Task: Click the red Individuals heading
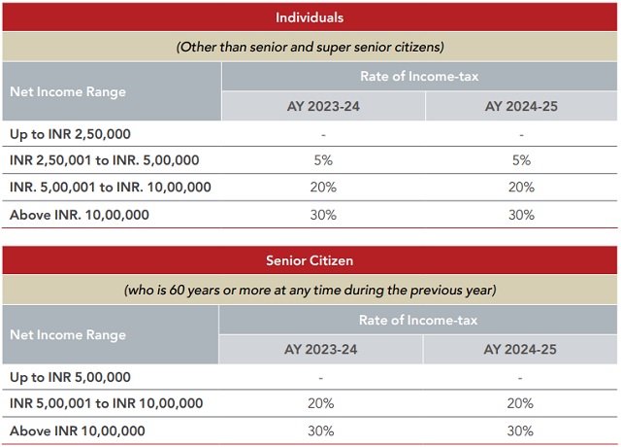[310, 17]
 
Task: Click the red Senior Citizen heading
[310, 260]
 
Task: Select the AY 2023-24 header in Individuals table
[323, 106]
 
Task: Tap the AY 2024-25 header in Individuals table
[522, 106]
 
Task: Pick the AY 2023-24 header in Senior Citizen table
[321, 349]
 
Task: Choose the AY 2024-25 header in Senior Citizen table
[521, 349]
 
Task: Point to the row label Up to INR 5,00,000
[69, 376]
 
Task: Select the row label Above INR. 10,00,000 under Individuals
[79, 215]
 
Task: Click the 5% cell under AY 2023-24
[323, 160]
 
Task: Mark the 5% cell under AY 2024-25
[522, 160]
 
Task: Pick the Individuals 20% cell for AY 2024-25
[522, 188]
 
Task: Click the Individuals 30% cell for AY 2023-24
[323, 215]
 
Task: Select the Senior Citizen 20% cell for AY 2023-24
[321, 403]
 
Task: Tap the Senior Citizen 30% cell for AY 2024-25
[521, 430]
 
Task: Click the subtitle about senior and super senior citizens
[310, 47]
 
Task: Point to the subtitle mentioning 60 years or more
[310, 290]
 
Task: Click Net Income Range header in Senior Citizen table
[68, 334]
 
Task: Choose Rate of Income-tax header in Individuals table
[420, 77]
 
